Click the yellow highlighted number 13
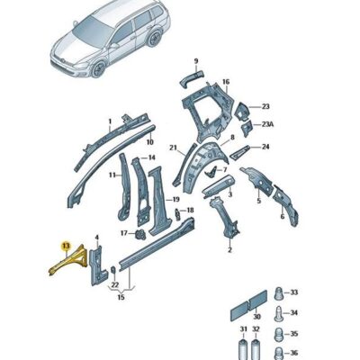(x=64, y=244)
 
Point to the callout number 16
(x=226, y=81)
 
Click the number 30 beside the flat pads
(x=256, y=316)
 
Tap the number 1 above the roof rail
(x=110, y=120)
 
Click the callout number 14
(x=151, y=158)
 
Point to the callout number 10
(x=149, y=142)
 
